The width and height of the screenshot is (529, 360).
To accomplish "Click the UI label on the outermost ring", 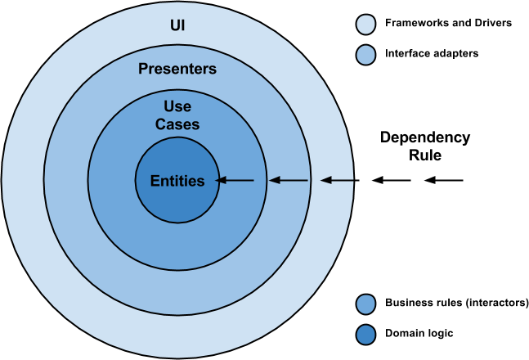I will (x=177, y=25).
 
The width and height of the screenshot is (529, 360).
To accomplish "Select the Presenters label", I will (x=177, y=70).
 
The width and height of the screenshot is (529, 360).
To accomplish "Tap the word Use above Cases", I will (x=177, y=107).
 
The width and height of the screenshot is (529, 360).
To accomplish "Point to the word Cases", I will (x=177, y=124).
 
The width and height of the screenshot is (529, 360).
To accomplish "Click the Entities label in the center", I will (x=177, y=181).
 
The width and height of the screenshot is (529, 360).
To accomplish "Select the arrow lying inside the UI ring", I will (x=337, y=180).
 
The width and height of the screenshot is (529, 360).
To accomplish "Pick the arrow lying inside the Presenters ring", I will (x=289, y=180).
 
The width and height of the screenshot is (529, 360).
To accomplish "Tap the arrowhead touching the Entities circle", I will (x=221, y=180).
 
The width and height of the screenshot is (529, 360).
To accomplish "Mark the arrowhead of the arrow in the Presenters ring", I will (x=275, y=180).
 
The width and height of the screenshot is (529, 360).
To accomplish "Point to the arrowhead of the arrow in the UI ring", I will (x=325, y=180).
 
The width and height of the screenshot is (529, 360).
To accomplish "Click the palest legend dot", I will (x=365, y=25).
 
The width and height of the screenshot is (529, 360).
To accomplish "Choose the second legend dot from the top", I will (x=365, y=56).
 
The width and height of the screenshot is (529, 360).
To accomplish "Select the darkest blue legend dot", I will (x=365, y=335).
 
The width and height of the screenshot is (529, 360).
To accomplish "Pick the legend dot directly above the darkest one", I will (x=365, y=304).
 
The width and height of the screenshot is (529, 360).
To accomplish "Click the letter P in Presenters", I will (x=143, y=70).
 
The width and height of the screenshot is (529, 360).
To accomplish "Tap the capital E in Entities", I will (x=155, y=181).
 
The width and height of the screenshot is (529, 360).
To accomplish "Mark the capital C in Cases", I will (x=160, y=124).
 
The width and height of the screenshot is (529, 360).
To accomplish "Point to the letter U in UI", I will (x=173, y=25).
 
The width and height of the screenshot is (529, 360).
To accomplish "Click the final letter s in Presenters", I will (x=213, y=70).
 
